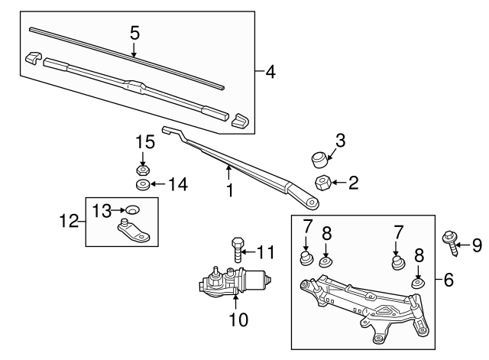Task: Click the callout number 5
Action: (x=134, y=33)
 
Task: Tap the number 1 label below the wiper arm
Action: (x=229, y=189)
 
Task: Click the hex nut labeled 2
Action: (x=322, y=183)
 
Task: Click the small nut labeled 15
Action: (x=142, y=170)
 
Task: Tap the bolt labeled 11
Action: (x=235, y=249)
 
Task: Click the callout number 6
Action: (x=449, y=281)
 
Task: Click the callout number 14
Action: (x=177, y=184)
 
